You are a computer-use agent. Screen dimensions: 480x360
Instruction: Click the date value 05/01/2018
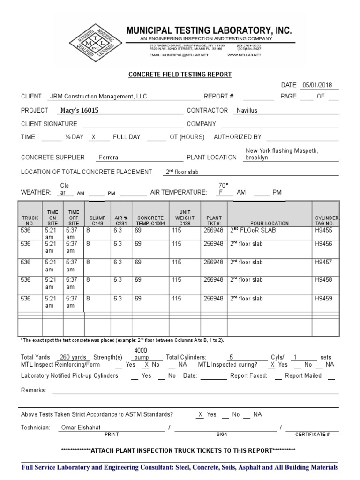tap(317, 85)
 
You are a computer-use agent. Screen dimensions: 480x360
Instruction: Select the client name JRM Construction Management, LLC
tap(97, 97)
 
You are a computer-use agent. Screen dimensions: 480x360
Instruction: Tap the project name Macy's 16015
tap(80, 111)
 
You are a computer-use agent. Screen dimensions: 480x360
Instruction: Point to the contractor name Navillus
tap(247, 111)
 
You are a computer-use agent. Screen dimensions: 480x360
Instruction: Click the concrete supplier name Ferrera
tap(108, 157)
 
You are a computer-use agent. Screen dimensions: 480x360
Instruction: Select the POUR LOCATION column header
tap(270, 224)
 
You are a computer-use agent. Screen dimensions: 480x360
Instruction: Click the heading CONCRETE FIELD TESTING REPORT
tap(180, 75)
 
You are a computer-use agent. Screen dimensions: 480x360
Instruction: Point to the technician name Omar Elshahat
tap(81, 427)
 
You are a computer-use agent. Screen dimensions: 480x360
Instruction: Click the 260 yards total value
tap(73, 357)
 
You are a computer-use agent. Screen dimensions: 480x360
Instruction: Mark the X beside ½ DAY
tap(93, 137)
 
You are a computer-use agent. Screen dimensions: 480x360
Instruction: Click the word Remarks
tap(33, 390)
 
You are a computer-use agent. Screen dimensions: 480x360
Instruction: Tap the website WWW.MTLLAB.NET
tap(244, 55)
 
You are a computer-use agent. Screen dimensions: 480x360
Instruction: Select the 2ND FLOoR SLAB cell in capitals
tap(253, 231)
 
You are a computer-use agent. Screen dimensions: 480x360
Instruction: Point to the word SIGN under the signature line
tap(222, 435)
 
